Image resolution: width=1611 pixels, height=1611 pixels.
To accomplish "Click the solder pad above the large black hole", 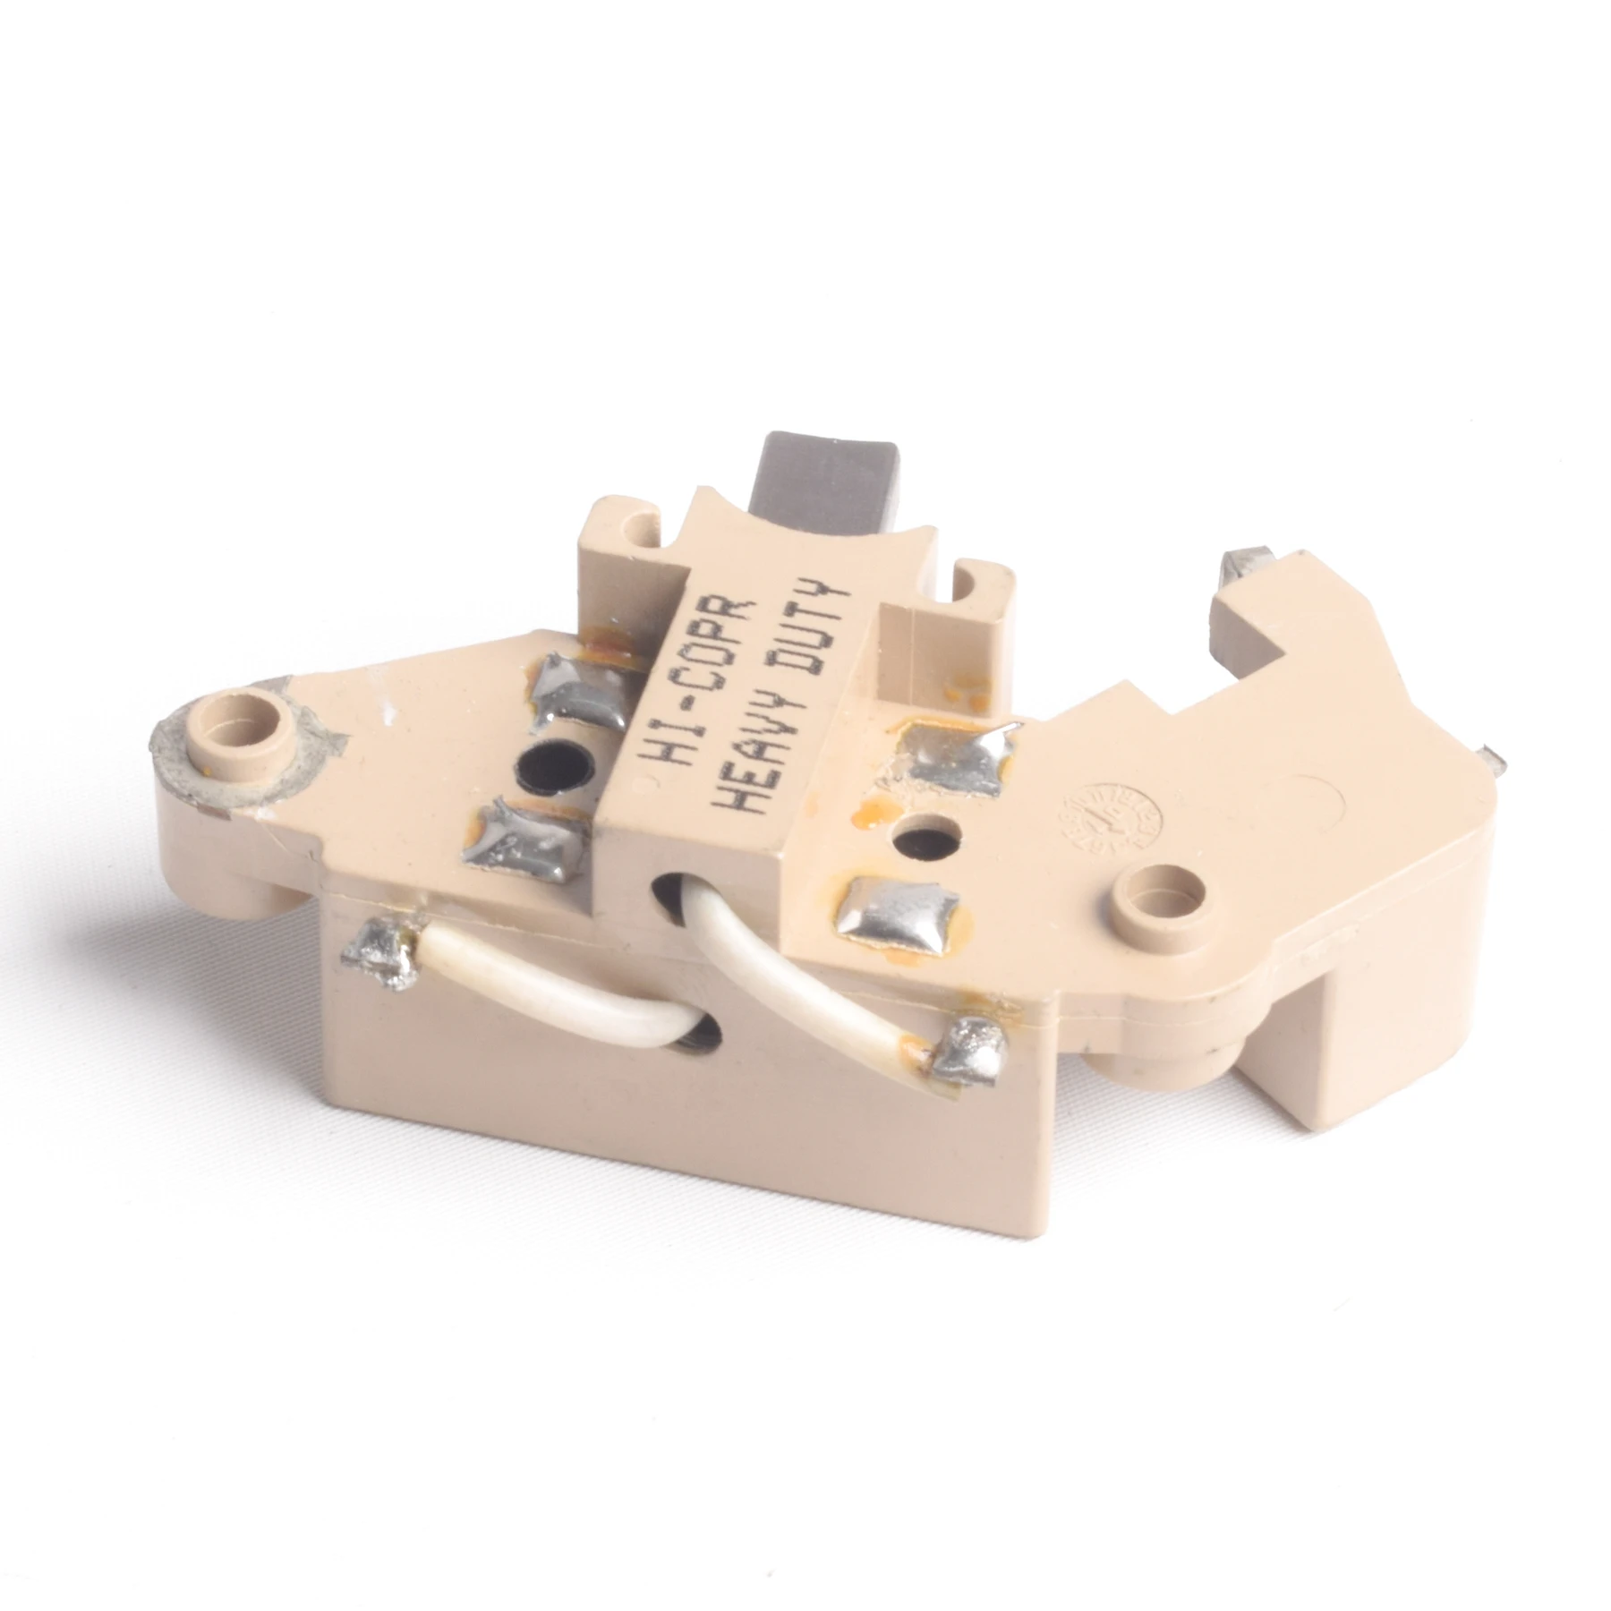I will pos(586,688).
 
